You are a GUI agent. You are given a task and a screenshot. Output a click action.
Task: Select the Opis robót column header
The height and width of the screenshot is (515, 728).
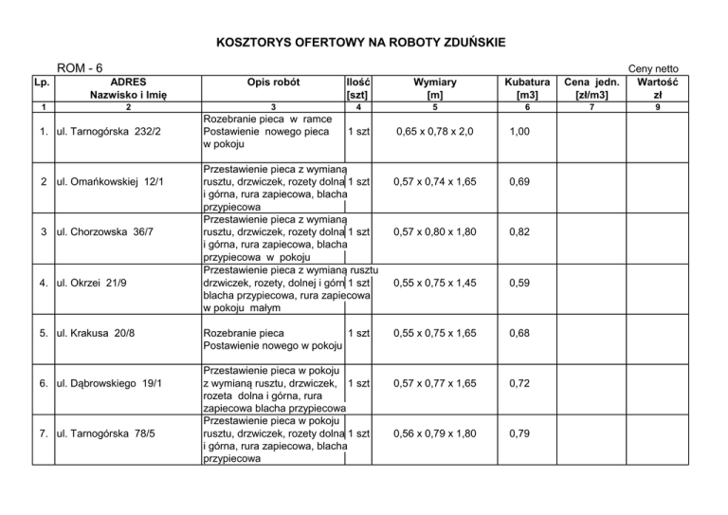point(272,83)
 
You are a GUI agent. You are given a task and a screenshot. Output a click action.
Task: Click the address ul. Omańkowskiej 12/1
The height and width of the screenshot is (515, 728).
point(110,180)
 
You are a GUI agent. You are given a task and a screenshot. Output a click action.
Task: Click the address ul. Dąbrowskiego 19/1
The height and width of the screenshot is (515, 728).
point(110,383)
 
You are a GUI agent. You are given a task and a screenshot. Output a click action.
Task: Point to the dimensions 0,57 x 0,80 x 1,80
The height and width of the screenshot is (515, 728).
point(434,231)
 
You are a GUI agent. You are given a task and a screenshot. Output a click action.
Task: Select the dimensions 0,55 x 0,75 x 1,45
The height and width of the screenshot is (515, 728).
point(434,283)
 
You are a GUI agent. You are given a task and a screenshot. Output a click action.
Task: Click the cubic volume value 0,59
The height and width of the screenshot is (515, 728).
point(519,283)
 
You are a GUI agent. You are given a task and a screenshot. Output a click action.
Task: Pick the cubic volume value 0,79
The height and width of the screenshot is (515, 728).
point(519,434)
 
